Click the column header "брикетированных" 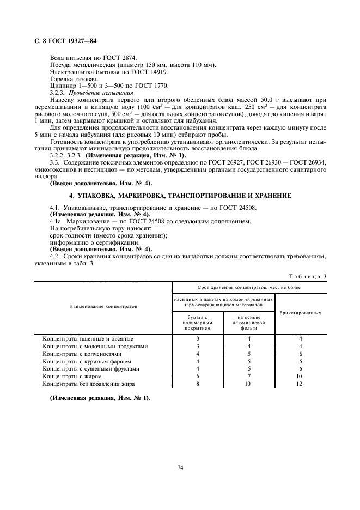coord(300,313)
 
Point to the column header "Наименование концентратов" coord(103,306)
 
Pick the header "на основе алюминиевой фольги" coord(249,321)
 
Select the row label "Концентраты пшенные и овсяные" coord(88,338)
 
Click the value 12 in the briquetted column coord(300,384)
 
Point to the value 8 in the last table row coord(198,384)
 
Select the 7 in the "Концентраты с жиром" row coord(249,376)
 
